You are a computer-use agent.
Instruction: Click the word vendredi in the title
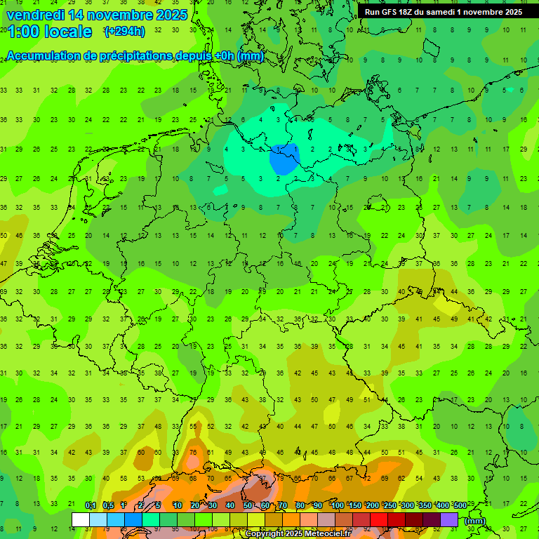pos(35,15)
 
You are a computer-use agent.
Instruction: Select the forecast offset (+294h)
pos(125,32)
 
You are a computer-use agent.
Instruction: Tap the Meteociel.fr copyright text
pos(298,534)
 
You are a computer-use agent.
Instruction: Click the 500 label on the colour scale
pos(460,506)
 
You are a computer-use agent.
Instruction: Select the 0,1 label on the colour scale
pos(91,506)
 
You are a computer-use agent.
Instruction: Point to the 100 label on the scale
pos(337,506)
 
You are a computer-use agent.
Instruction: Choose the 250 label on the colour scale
pos(390,506)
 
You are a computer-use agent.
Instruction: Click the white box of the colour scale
pos(81,519)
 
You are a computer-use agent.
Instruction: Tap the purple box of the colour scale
pos(449,519)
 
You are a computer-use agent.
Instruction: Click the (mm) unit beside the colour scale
pos(475,520)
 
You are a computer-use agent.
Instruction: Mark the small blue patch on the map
pos(284,159)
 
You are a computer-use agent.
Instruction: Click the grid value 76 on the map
pos(193,452)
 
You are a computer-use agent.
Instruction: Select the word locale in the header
pos(67,32)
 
